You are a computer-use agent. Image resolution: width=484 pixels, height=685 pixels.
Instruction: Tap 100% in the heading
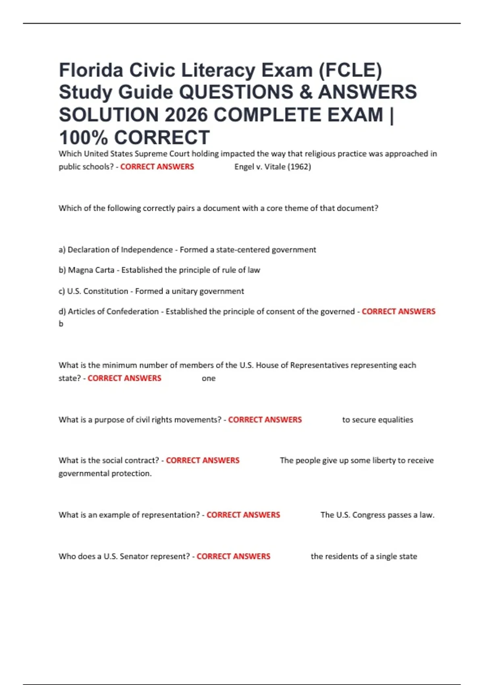(83, 138)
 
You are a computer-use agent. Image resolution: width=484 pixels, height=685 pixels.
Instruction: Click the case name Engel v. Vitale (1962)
(273, 167)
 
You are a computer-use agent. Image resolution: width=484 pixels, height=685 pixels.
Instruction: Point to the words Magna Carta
(91, 270)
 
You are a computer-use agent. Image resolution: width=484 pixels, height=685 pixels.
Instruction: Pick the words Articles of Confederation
(113, 311)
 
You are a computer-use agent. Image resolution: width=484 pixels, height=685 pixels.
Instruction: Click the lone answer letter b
(61, 324)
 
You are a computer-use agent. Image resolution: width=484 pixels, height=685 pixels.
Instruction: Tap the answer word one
(209, 378)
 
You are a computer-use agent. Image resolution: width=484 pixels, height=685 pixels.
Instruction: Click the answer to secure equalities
(378, 420)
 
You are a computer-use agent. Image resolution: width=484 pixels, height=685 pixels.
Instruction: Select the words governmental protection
(105, 473)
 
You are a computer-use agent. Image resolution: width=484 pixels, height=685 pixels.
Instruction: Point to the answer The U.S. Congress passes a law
(377, 515)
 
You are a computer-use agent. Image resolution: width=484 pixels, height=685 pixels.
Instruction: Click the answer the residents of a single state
(364, 556)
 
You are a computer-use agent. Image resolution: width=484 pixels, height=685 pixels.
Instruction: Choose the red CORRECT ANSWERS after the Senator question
(234, 556)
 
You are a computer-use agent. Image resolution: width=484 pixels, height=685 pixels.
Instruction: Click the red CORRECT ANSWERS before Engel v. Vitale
(157, 167)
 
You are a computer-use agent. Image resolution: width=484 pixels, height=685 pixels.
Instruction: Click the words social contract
(130, 461)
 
